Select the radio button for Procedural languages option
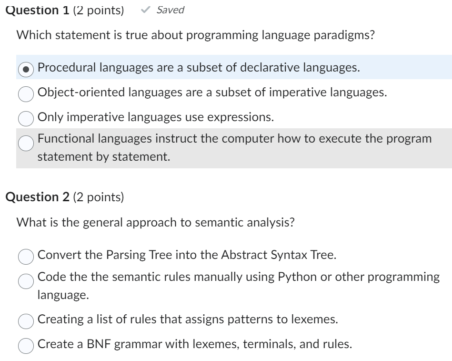(x=26, y=69)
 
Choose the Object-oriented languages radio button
(x=26, y=93)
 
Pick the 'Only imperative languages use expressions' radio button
(x=26, y=118)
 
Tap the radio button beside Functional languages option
(x=26, y=142)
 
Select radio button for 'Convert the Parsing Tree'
(x=26, y=256)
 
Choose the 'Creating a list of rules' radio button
(x=26, y=320)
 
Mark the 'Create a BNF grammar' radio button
(x=26, y=345)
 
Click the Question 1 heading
(x=38, y=10)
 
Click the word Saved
(x=170, y=10)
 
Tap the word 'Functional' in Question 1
(x=63, y=139)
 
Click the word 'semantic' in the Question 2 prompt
(x=194, y=222)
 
